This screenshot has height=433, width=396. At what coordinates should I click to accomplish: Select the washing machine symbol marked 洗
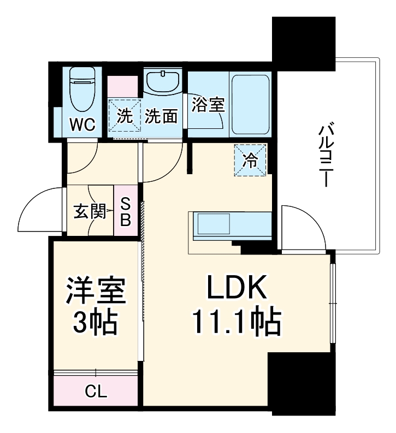click(x=125, y=115)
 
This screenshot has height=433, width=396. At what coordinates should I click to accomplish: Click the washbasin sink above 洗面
click(x=163, y=82)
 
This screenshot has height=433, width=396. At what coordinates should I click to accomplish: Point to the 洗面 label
click(x=162, y=116)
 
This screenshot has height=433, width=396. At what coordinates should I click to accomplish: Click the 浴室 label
click(x=208, y=105)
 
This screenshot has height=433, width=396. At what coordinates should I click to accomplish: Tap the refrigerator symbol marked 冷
click(x=251, y=161)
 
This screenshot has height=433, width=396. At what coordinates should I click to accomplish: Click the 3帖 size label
click(x=96, y=323)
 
